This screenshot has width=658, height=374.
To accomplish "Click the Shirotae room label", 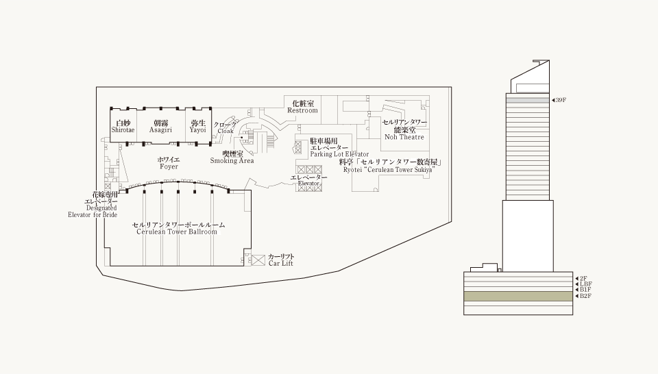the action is point(123,127).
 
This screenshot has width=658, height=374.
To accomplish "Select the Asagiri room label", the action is point(160,127).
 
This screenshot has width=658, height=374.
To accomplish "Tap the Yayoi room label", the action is point(197,127).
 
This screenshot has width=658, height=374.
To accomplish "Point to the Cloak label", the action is point(226,128).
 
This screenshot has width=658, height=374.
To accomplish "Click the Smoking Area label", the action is point(232,158).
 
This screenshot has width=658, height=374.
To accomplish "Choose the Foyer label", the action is point(169,163).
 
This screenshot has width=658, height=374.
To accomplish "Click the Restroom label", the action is point(302,107).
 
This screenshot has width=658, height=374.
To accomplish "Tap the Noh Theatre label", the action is point(404,129).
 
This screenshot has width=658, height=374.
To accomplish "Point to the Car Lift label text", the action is point(281,260).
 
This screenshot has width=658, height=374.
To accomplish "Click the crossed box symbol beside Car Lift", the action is point(258,260).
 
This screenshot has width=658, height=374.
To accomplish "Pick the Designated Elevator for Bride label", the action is point(93,205).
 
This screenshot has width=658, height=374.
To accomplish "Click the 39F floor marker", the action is point(559,100).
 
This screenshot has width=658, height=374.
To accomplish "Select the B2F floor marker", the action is point(583,296).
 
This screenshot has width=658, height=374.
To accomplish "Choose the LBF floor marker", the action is point(584,284).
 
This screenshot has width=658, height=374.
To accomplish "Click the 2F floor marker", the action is point(581,278).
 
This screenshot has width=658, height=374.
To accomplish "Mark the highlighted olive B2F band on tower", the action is point(518,297).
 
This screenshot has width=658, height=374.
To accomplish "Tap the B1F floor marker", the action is point(583,290).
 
